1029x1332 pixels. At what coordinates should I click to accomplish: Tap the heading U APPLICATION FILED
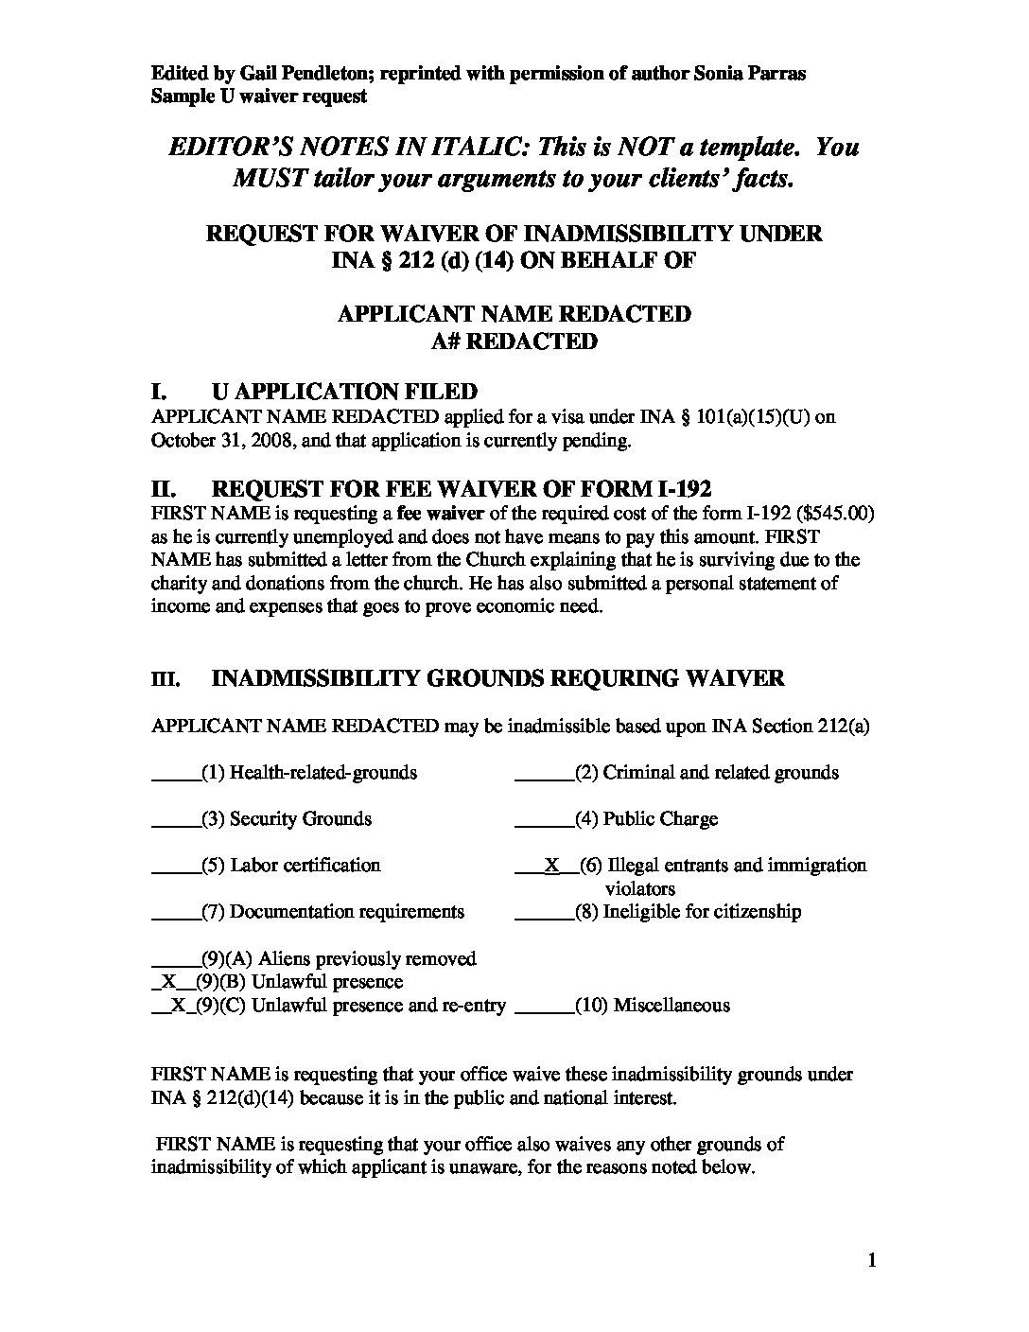tap(344, 392)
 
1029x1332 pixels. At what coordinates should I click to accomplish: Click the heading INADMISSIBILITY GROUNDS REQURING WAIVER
tap(497, 678)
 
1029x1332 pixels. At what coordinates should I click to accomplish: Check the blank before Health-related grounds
tap(175, 773)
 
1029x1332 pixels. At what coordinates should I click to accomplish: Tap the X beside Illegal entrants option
tap(551, 865)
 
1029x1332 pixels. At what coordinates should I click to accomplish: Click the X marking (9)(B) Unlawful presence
tap(169, 982)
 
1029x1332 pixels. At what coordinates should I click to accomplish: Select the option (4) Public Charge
tap(646, 819)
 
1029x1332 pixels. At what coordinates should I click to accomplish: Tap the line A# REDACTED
tap(514, 342)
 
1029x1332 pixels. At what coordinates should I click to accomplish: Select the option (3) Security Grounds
tap(287, 819)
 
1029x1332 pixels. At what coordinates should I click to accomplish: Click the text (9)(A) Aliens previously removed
tap(339, 959)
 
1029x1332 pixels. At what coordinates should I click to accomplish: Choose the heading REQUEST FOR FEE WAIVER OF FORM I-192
tap(462, 490)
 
